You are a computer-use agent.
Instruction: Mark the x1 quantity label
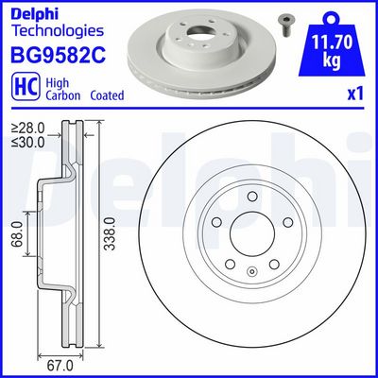click(x=356, y=94)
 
